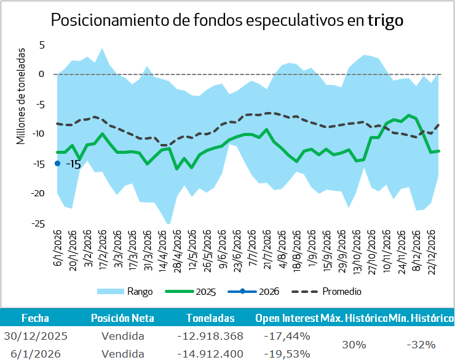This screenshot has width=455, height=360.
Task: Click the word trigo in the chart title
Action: (386, 20)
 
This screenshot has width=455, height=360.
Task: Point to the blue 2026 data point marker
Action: (57, 163)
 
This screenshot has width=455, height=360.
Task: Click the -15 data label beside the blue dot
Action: (73, 164)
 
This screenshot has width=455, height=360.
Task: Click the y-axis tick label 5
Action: (42, 45)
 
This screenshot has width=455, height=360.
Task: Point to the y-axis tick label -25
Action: (38, 223)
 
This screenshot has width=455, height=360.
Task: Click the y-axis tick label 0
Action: (42, 74)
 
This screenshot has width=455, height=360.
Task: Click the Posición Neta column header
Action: (122, 318)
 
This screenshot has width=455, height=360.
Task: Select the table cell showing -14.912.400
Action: (211, 354)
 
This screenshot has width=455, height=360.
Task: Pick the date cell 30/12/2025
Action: (35, 336)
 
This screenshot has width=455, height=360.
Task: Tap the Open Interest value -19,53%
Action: (287, 354)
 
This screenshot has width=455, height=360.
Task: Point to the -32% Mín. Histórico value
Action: (421, 345)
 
